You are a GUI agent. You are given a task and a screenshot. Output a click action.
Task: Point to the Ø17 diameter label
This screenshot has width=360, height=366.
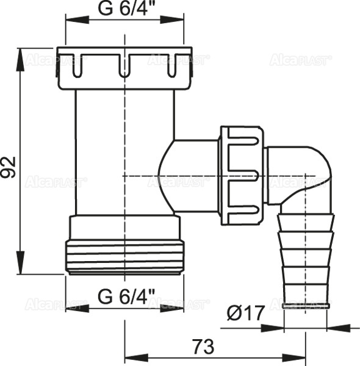(x=246, y=314)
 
